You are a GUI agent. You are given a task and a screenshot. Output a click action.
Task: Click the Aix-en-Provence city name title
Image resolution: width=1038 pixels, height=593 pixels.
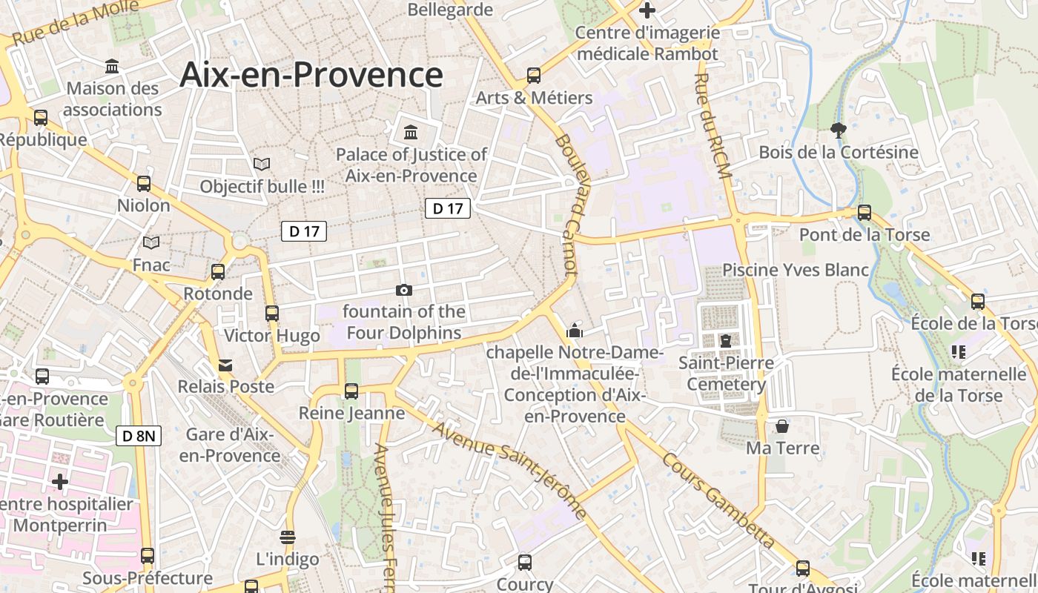(311, 75)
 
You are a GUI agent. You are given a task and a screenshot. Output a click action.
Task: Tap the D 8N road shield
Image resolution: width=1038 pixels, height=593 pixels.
(139, 436)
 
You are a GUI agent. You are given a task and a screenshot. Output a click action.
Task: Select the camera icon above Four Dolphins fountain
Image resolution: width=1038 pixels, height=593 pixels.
(404, 290)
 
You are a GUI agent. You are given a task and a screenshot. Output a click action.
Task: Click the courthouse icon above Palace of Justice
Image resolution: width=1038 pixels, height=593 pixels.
(410, 133)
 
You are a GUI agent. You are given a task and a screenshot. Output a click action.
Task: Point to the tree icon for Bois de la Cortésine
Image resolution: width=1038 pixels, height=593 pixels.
(839, 130)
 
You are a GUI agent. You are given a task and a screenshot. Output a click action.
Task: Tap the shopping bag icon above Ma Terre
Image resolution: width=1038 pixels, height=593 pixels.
(782, 426)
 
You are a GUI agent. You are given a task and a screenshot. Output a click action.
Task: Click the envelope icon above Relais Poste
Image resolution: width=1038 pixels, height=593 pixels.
(225, 365)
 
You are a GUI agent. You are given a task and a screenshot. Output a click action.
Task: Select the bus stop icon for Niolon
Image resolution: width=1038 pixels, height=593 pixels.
(144, 183)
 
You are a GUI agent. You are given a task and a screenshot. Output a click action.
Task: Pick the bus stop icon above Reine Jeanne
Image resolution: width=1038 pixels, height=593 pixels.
(351, 391)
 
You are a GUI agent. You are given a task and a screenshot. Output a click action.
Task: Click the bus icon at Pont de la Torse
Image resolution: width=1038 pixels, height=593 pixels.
(865, 213)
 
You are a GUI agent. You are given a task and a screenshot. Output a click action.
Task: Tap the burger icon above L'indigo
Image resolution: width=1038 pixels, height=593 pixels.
(288, 537)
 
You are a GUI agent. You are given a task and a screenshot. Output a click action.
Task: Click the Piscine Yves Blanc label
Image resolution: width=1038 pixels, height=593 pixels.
(796, 270)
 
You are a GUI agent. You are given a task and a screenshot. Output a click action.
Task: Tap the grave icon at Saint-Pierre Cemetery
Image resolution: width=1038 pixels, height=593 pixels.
(726, 341)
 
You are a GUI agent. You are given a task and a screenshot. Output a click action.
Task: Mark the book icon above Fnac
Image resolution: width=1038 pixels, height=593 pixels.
(151, 242)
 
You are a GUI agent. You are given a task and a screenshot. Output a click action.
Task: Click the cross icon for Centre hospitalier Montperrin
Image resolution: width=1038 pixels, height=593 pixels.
(60, 483)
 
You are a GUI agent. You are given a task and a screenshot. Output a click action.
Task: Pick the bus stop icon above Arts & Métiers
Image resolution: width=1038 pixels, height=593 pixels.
(534, 75)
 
